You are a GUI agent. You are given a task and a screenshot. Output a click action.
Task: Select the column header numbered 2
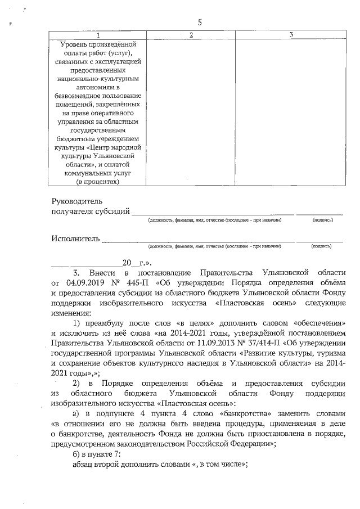coord(191,35)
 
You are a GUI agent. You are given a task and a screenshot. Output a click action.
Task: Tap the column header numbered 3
coord(291,35)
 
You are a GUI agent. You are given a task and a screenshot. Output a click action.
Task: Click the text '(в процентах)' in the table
coord(98,181)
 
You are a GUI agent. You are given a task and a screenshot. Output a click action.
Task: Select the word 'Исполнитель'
coord(75,238)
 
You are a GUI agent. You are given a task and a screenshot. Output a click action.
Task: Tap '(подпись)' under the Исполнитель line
coord(321,246)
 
